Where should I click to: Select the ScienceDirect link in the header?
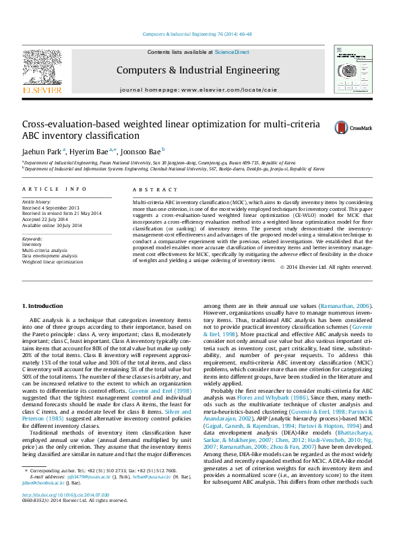click(x=232, y=52)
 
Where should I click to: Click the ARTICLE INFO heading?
click(x=55, y=190)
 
